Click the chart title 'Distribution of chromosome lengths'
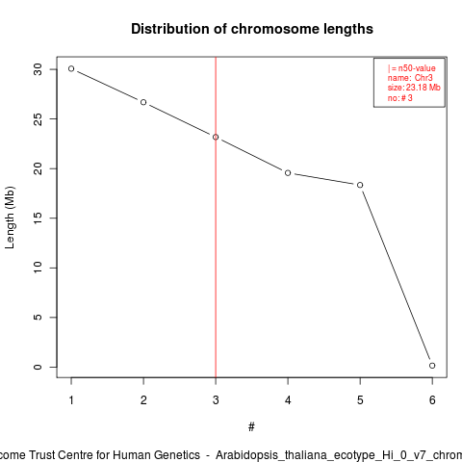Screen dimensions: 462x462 pyautogui.click(x=252, y=29)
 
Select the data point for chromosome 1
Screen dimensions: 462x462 pyautogui.click(x=71, y=68)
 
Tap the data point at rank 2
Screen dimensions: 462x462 pyautogui.click(x=143, y=102)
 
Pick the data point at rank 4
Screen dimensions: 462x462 pyautogui.click(x=288, y=173)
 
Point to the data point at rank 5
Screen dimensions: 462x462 pyautogui.click(x=360, y=185)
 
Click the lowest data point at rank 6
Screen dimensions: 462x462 pyautogui.click(x=432, y=366)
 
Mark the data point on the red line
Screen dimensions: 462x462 pyautogui.click(x=216, y=137)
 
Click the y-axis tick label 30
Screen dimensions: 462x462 pyautogui.click(x=38, y=69)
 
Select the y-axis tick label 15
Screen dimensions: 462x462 pyautogui.click(x=38, y=218)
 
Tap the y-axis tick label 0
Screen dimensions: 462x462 pyautogui.click(x=38, y=367)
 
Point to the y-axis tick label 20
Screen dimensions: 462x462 pyautogui.click(x=38, y=168)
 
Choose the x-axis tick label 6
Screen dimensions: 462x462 pyautogui.click(x=432, y=400)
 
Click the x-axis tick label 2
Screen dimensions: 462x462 pyautogui.click(x=143, y=400)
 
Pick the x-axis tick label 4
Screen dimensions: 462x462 pyautogui.click(x=288, y=400)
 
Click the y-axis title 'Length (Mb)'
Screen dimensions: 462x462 pyautogui.click(x=10, y=218)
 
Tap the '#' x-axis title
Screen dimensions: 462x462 pyautogui.click(x=251, y=427)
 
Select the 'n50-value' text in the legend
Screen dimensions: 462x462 pyautogui.click(x=417, y=68)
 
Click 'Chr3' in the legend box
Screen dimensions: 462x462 pyautogui.click(x=423, y=78)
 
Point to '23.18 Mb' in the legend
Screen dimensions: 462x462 pyautogui.click(x=423, y=88)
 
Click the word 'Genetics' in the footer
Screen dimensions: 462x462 pyautogui.click(x=177, y=455)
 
